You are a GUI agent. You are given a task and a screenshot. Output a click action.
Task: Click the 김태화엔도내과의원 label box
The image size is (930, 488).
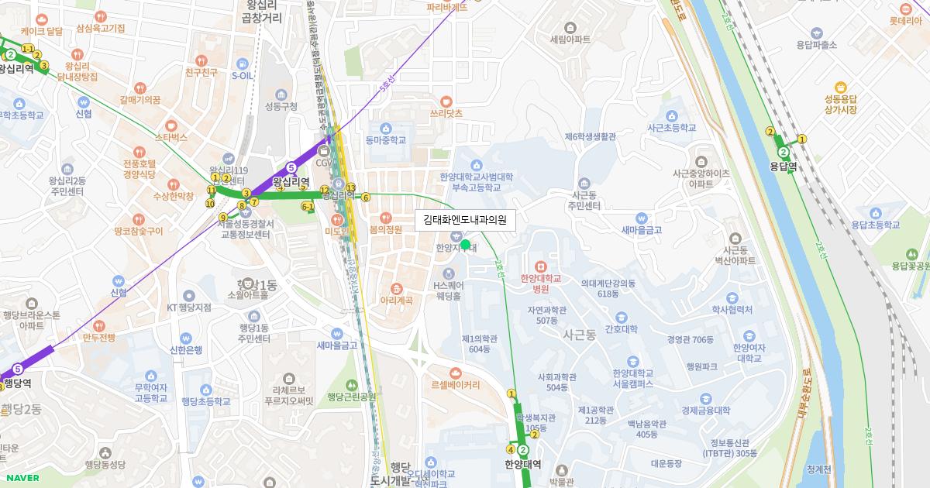point(465,220)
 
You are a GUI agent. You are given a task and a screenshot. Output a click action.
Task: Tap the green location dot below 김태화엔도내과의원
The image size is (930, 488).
point(465,245)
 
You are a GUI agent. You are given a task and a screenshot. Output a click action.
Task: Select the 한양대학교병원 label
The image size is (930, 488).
point(540,284)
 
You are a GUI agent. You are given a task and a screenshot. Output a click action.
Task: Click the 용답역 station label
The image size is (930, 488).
point(784,166)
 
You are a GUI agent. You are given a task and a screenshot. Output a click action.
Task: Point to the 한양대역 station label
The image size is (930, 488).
point(522,465)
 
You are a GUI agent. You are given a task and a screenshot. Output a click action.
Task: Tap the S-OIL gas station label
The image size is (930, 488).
point(242,76)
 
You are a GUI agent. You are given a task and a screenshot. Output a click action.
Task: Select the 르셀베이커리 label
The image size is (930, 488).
point(456,384)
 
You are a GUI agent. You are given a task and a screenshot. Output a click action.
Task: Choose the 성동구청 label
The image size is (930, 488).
point(281,106)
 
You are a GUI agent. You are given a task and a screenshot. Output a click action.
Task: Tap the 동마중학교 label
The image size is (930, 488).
point(385,140)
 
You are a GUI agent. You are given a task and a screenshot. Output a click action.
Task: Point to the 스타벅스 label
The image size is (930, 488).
point(171,137)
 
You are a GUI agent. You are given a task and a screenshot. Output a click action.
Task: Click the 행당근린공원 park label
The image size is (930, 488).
point(351,397)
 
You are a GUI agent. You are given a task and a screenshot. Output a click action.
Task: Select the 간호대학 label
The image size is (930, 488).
point(621,329)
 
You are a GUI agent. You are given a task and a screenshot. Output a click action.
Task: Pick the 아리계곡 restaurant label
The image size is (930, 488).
point(396,300)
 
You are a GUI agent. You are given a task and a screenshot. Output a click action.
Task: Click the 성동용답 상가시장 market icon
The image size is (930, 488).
point(840,88)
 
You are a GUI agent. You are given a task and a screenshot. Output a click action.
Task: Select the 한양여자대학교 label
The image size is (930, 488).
point(749,352)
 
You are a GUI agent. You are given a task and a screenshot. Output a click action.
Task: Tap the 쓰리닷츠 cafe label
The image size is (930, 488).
point(446,112)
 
